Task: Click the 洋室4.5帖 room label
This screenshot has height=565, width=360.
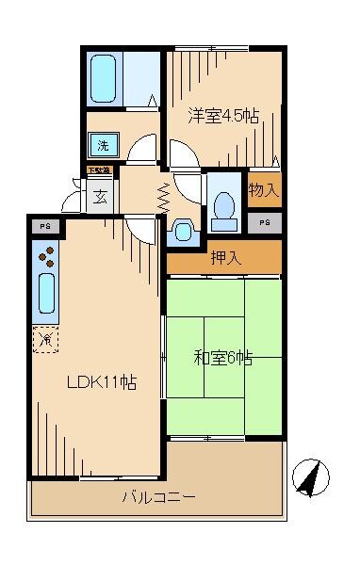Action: [x=222, y=116]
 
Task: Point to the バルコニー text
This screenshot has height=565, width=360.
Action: [x=157, y=496]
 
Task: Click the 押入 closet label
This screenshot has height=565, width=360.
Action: [x=223, y=258]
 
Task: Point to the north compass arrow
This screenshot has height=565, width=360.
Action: [x=308, y=478]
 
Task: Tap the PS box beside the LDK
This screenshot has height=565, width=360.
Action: [x=44, y=226]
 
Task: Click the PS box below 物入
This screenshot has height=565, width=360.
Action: [x=265, y=221]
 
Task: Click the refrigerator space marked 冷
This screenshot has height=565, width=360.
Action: [x=45, y=339]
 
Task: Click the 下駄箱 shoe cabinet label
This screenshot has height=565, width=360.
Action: [x=99, y=170]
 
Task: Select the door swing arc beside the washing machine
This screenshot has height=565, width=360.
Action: [x=142, y=151]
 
